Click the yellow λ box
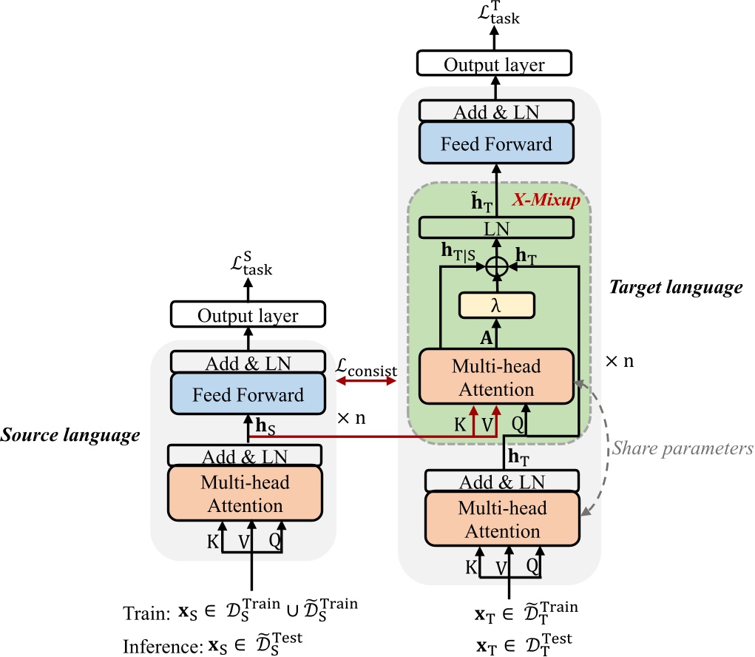(496, 304)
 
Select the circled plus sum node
(496, 263)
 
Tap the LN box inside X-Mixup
(496, 229)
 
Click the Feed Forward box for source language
(248, 394)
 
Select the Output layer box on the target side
(494, 64)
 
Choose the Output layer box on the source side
(248, 316)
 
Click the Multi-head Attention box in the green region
(496, 377)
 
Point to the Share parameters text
(683, 448)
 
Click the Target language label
(675, 289)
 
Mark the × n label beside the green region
(620, 363)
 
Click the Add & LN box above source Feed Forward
(248, 363)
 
